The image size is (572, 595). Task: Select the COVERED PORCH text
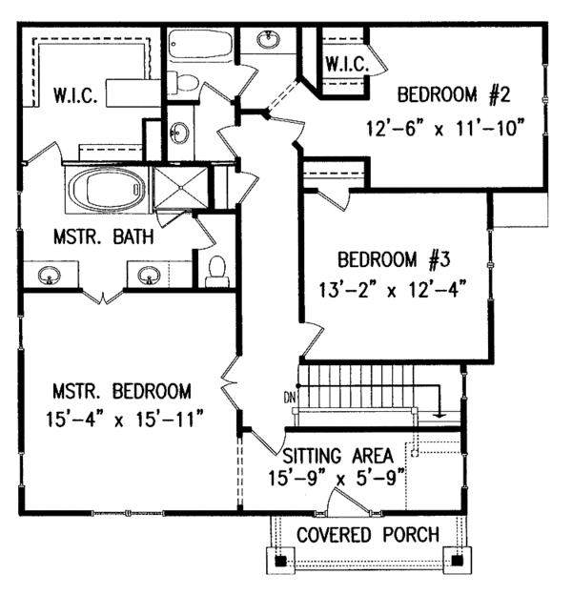367,534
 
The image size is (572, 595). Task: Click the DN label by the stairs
289,397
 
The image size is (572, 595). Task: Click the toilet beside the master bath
216,270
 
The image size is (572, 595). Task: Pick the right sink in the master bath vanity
148,277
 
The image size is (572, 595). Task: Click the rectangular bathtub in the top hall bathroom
198,45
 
